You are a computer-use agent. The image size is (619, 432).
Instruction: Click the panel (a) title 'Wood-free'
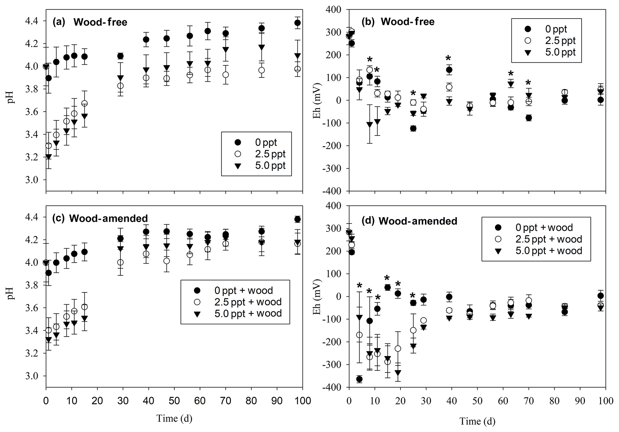[100, 22]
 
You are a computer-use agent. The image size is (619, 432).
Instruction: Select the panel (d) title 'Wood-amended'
[418, 221]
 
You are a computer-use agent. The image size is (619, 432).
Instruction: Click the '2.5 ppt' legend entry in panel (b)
[560, 41]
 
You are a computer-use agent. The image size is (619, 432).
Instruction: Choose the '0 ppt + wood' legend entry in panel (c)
[243, 290]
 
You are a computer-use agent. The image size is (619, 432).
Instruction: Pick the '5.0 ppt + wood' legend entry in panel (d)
[549, 251]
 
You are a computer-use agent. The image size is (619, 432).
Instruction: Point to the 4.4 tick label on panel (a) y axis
[31, 21]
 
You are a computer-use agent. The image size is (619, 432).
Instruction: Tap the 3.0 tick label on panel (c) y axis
[31, 376]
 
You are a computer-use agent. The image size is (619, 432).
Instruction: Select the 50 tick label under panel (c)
[174, 401]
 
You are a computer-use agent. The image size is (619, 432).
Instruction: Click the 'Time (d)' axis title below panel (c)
[174, 418]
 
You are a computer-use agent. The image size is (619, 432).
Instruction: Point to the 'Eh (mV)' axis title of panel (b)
[316, 100]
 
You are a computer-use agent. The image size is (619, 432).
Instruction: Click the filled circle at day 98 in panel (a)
[297, 23]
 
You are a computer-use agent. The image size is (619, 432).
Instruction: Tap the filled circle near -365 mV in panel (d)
[359, 379]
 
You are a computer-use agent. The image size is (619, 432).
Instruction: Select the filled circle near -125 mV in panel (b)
[413, 128]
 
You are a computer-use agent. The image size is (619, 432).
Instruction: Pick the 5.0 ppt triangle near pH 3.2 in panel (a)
[49, 157]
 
